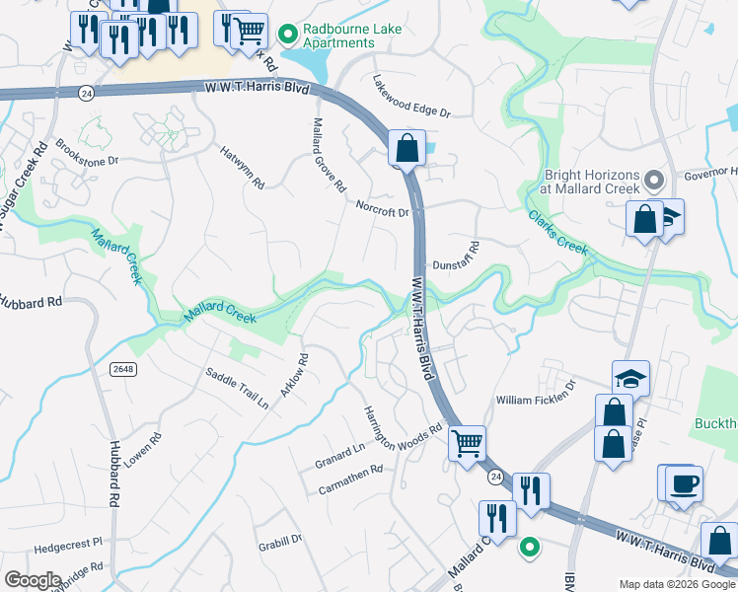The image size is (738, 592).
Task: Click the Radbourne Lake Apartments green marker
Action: (x=288, y=36)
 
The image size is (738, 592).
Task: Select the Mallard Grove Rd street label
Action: (x=330, y=156)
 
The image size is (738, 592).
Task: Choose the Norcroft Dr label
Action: (x=383, y=208)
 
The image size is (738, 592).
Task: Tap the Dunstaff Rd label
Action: (x=455, y=256)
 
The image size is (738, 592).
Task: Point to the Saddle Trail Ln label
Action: (x=236, y=388)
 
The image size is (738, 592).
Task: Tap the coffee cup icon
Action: (x=684, y=483)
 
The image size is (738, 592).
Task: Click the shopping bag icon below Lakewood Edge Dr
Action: (x=406, y=149)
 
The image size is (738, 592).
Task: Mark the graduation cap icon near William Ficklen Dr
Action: (x=630, y=379)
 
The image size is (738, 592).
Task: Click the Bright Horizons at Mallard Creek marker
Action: (x=653, y=181)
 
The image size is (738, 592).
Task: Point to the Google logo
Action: (x=33, y=579)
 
